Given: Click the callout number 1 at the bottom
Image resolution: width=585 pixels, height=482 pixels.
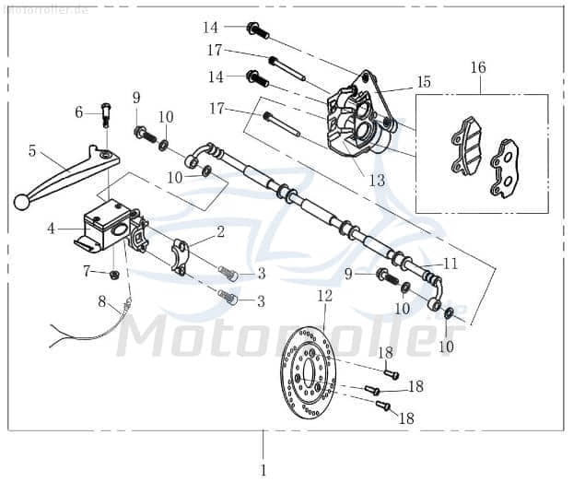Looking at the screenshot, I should tap(263, 470).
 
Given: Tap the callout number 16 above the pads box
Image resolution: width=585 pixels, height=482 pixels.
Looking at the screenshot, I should tap(477, 67).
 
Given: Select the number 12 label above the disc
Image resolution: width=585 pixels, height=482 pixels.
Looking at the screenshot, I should tap(324, 296).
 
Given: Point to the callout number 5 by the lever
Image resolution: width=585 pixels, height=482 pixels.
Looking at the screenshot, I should tap(32, 150).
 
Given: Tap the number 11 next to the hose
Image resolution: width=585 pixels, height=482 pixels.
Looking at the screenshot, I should tap(450, 263).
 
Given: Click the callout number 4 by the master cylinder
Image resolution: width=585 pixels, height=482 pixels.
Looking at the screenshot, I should tap(52, 227).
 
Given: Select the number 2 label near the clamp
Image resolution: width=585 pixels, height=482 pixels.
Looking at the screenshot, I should tap(220, 232).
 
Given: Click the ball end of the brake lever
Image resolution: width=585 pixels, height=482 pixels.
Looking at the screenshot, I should tap(21, 201).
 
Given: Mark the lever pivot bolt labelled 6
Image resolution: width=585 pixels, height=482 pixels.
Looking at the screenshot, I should tap(105, 116).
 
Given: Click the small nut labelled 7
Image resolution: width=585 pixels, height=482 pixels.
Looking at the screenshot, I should tap(113, 275).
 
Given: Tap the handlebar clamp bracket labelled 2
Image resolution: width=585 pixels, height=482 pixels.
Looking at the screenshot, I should tap(182, 255).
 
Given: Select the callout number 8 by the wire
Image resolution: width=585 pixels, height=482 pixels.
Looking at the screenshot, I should tap(103, 301).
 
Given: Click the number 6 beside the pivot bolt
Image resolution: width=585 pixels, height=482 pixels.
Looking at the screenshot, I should tap(79, 112).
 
